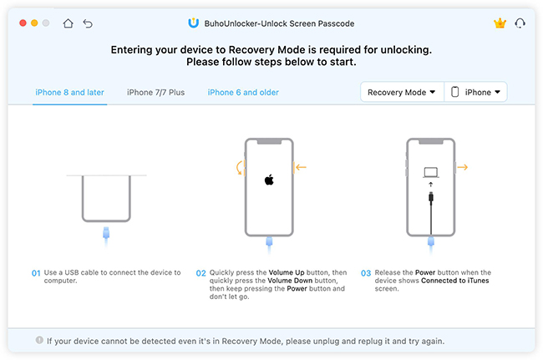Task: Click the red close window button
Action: tap(23, 23)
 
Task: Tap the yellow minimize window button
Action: tap(34, 23)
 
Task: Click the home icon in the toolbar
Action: tap(68, 23)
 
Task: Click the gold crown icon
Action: tap(500, 23)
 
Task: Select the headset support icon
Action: tap(520, 23)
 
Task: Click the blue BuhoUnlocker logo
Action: tap(193, 23)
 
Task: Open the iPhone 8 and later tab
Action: tap(69, 93)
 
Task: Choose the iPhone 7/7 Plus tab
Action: tap(155, 93)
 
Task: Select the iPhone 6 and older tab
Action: tap(243, 93)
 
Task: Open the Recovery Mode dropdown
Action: tap(402, 92)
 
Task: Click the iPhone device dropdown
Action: tap(476, 92)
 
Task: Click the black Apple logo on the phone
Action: tap(269, 180)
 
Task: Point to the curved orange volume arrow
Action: tap(238, 168)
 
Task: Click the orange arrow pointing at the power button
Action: tap(301, 168)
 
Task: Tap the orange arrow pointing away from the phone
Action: tap(463, 168)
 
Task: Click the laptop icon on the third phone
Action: tap(431, 172)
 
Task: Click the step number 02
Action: tap(200, 273)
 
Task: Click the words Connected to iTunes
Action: tap(454, 281)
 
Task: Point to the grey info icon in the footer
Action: tap(39, 340)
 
